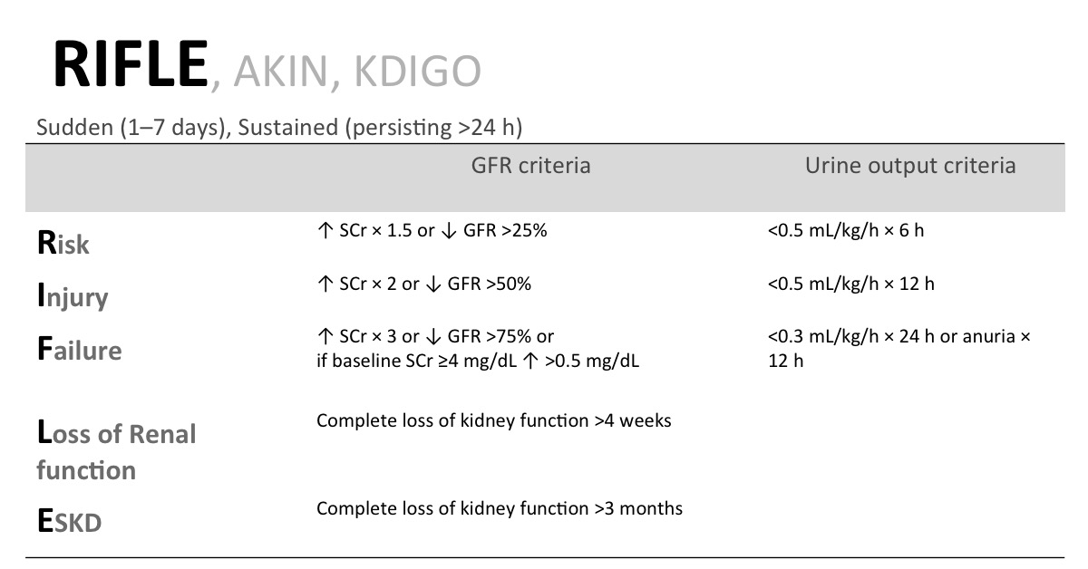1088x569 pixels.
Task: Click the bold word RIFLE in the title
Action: pos(131,64)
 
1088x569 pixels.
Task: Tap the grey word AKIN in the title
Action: pos(281,72)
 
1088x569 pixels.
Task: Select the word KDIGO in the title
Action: pos(418,72)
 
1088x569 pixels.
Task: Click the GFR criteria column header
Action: pos(531,166)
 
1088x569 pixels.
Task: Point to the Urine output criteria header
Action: pos(910,166)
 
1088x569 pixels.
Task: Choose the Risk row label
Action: pos(63,243)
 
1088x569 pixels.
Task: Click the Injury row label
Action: pos(73,295)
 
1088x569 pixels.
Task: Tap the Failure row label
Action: pos(79,349)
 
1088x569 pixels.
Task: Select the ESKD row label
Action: pos(70,521)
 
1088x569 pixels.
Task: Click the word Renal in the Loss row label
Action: pos(162,434)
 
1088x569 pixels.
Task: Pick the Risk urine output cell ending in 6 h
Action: pos(846,231)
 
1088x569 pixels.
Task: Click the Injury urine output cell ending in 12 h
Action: pos(851,284)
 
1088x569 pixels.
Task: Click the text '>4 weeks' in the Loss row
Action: pos(633,420)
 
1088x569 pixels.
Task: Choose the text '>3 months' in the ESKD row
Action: pos(638,509)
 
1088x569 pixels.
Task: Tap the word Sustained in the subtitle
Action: pos(287,127)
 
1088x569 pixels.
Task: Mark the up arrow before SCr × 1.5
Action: pos(325,231)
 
